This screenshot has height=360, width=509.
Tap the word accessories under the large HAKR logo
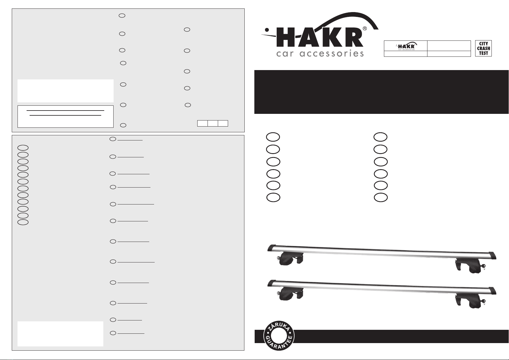coord(332,53)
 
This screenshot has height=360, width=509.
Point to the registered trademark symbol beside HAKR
coord(365,29)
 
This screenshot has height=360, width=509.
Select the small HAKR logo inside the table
coord(406,46)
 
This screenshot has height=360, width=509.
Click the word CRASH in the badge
coord(483,48)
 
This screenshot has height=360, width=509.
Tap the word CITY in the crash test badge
coord(484,43)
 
